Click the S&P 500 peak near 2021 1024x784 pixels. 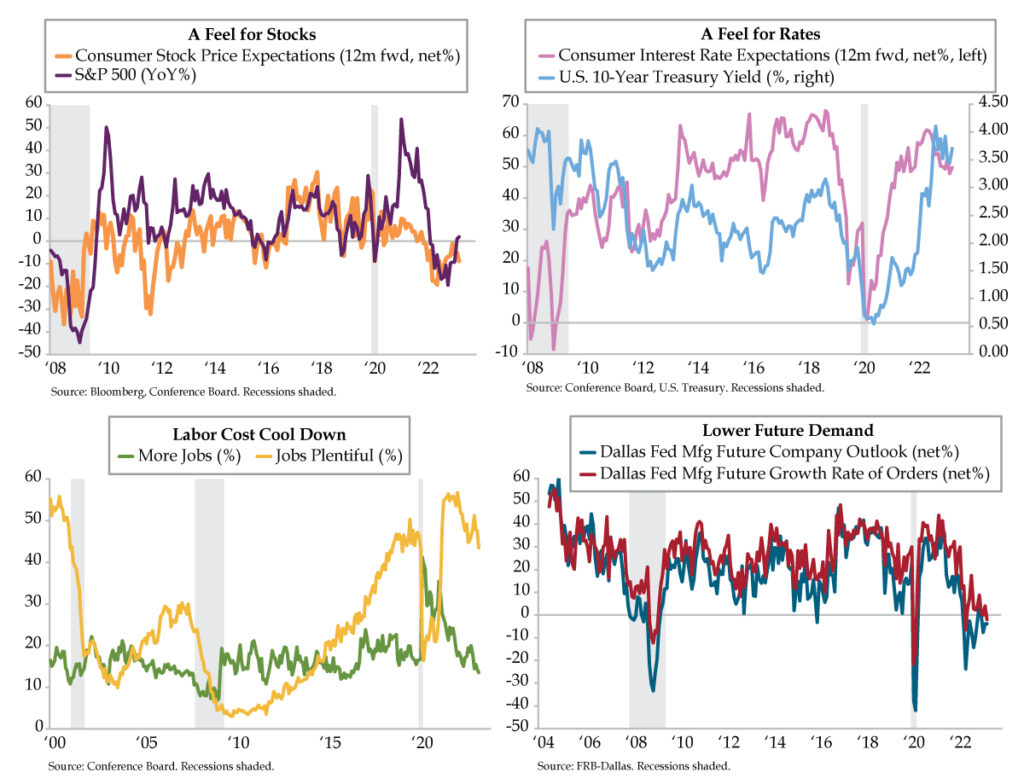(x=401, y=120)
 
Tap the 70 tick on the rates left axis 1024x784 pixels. (x=509, y=102)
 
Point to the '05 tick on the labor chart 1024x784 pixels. (x=146, y=745)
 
